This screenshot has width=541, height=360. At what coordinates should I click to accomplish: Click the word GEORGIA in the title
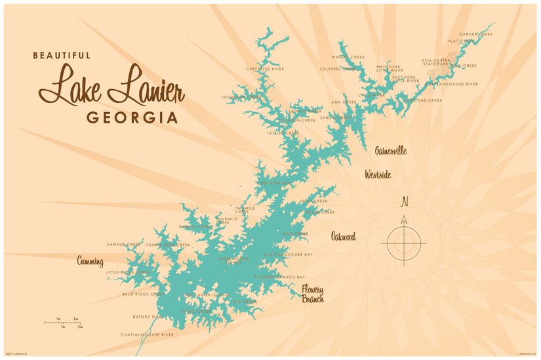coord(132,118)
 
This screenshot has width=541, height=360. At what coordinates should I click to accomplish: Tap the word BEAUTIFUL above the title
coord(62,56)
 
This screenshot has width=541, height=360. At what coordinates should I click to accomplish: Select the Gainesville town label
coord(391,151)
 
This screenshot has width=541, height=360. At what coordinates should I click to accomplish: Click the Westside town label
coord(378,175)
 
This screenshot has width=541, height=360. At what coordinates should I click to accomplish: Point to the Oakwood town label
coord(343,237)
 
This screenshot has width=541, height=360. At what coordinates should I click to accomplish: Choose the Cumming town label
coord(90,262)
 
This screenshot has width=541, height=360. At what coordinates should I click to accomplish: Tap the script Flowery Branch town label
coord(313,294)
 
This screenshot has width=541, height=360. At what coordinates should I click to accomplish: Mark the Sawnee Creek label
coord(125,244)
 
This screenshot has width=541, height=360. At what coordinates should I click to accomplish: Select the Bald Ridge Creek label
coord(143,294)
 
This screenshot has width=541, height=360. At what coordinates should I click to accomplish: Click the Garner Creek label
coord(476,33)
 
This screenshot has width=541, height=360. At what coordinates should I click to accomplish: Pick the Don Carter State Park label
coord(435,62)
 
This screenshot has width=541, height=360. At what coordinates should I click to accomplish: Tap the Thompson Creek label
coord(241,96)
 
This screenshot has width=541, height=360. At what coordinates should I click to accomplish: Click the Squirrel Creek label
coord(338,68)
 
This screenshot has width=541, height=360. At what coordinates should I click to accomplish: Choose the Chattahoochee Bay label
coord(288,254)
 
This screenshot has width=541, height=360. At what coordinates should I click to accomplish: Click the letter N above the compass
coord(405,201)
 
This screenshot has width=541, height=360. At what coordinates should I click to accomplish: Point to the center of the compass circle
coord(405,243)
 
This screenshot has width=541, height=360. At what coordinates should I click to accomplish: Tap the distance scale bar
coord(63,322)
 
